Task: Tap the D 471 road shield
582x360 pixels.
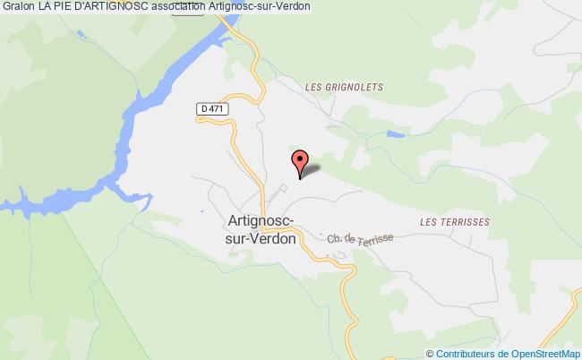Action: pos(210,109)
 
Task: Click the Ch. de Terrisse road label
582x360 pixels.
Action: pos(360,237)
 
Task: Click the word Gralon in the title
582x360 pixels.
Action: pos(18,6)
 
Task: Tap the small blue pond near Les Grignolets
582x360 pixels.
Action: pos(394,134)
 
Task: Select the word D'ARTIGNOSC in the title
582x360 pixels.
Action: pos(116,6)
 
